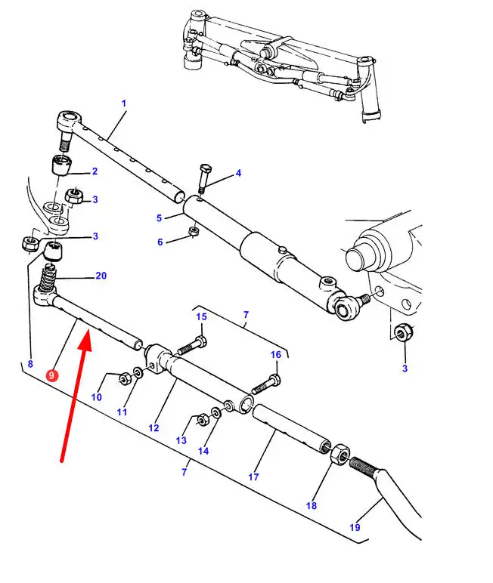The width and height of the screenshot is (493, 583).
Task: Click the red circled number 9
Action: [51, 375]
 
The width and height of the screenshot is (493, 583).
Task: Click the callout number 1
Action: [123, 103]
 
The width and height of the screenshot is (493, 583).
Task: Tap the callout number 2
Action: [95, 171]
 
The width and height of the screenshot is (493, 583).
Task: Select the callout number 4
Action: [238, 173]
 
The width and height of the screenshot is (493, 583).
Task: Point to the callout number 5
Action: [160, 218]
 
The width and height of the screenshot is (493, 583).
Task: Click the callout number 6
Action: [160, 242]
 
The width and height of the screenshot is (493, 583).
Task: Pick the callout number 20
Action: [101, 276]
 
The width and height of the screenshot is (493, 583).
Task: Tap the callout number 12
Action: [153, 428]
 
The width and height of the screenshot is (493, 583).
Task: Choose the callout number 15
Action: [202, 316]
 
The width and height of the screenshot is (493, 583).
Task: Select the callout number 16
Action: [275, 354]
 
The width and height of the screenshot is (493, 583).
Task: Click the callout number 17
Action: [253, 477]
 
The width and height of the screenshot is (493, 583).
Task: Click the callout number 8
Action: [30, 364]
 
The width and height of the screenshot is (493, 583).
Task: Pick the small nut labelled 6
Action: [194, 231]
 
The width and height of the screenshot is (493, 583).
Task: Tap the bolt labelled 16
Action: [265, 385]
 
